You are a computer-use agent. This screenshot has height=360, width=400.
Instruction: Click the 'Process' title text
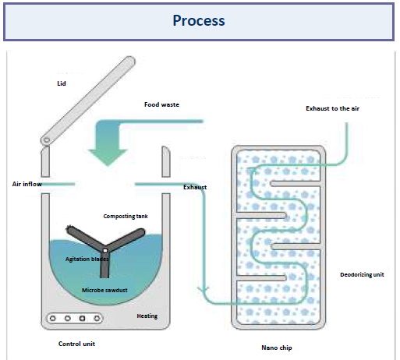(x=199, y=20)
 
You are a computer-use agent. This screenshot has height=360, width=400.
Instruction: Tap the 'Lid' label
(x=62, y=83)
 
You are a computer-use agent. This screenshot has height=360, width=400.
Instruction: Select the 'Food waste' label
(x=161, y=104)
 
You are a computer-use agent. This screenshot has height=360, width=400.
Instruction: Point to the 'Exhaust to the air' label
(x=332, y=108)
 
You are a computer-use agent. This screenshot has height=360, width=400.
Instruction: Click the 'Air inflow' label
(x=27, y=184)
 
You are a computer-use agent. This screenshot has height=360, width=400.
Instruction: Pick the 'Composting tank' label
(x=126, y=216)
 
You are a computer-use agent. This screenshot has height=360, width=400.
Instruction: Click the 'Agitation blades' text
(x=87, y=259)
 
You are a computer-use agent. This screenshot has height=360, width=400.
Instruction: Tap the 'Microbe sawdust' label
(x=104, y=290)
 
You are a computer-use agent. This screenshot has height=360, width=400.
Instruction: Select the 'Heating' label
(x=147, y=316)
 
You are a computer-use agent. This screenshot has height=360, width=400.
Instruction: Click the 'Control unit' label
(x=76, y=344)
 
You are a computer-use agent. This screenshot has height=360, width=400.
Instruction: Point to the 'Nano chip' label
(x=277, y=348)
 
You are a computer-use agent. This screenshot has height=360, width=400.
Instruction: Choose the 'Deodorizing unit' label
(x=362, y=274)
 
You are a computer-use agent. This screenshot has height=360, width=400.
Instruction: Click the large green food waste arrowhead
(x=108, y=157)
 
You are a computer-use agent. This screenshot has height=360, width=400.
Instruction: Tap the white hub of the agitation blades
(x=105, y=251)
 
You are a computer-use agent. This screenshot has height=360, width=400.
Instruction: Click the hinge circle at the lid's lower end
(x=47, y=140)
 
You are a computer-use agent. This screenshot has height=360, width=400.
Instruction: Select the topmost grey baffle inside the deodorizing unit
(x=296, y=183)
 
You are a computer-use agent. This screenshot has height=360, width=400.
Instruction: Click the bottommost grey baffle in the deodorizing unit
(x=261, y=278)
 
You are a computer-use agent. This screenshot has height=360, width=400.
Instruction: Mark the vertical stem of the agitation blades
(x=104, y=265)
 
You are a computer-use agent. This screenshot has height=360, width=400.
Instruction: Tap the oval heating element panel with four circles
(x=75, y=318)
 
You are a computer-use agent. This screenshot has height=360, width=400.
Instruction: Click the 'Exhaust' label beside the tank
(x=195, y=187)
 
